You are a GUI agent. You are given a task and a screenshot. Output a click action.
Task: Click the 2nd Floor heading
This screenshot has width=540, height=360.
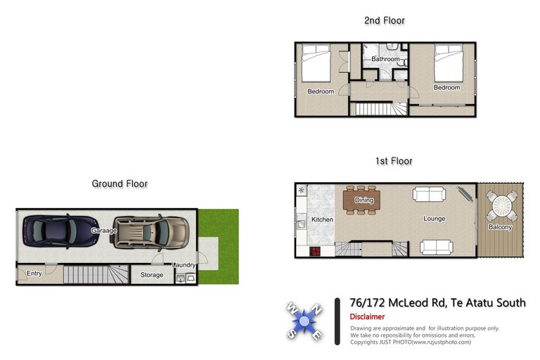(385, 20)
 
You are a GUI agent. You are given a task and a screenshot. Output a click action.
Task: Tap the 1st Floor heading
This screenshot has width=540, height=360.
(394, 161)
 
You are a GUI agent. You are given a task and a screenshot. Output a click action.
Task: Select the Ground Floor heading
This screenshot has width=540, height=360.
(120, 184)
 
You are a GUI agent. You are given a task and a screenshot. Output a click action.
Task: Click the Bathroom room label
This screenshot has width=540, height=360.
(385, 59)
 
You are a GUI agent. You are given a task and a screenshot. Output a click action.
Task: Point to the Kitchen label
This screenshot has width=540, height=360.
(322, 219)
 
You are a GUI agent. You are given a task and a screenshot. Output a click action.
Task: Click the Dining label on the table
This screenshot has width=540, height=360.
(364, 200)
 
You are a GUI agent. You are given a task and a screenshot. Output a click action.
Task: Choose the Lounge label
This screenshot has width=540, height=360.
(435, 219)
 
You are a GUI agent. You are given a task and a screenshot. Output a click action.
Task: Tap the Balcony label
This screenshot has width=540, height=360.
(501, 227)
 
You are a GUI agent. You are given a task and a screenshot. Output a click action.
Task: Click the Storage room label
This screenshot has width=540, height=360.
(152, 275)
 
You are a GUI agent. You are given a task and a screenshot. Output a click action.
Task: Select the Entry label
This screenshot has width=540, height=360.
(33, 273)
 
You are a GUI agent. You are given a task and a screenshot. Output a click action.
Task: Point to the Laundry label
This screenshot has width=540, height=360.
(184, 264)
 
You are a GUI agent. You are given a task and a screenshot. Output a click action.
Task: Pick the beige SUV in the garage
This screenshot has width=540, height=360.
(150, 231)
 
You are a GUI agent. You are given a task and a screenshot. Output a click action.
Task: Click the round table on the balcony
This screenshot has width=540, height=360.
(501, 207)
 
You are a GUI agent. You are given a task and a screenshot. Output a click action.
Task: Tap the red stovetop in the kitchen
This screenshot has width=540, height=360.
(315, 252)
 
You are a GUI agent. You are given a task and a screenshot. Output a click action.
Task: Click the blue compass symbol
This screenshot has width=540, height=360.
(304, 321)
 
